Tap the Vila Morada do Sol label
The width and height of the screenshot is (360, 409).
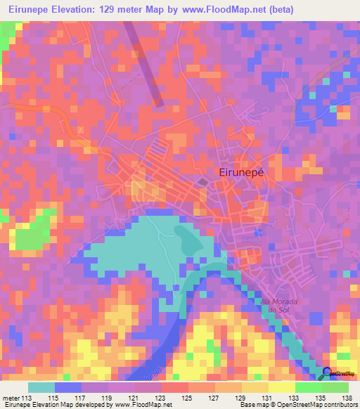coord(280,306)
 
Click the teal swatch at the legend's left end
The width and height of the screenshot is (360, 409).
coord(41,387)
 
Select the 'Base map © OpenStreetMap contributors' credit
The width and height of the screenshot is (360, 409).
coord(297,405)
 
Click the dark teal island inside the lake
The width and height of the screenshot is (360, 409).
coord(186,240)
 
